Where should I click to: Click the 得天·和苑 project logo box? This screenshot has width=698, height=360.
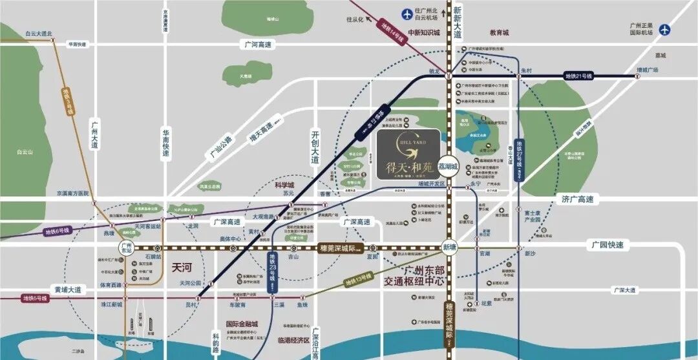[x=408, y=154]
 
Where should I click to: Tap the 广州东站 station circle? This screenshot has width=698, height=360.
[x=127, y=247]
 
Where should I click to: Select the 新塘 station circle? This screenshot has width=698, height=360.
[x=450, y=247]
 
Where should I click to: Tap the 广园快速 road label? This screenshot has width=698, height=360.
[x=608, y=245]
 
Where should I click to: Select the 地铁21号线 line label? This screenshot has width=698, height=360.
[x=578, y=76]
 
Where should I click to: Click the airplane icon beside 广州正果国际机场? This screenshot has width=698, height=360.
[x=666, y=29]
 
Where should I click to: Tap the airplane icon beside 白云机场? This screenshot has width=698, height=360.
[x=407, y=12]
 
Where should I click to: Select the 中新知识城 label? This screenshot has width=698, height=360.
[x=424, y=32]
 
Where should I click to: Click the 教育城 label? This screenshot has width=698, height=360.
[x=499, y=32]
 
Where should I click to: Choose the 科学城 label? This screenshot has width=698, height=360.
[x=284, y=184]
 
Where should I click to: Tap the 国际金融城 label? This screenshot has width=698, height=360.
[x=241, y=324]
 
